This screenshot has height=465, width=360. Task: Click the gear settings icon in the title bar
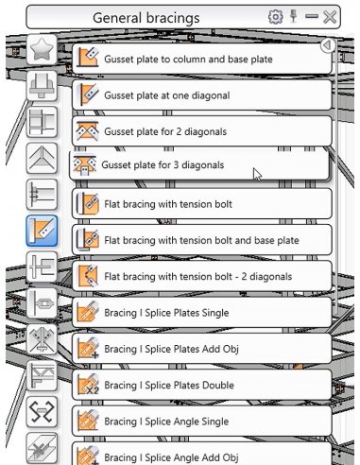coord(275,17)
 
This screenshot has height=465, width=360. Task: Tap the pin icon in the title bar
coord(294,16)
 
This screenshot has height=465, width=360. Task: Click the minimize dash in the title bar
coord(312,16)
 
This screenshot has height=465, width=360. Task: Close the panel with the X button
coord(330,17)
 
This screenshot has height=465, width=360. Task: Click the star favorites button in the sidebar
coord(42,50)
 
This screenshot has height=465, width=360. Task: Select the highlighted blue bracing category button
coord(42,231)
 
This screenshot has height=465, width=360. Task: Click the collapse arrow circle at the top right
coord(328,45)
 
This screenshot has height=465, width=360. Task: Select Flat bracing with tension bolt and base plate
coord(202,240)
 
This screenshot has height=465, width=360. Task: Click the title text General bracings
coord(146,18)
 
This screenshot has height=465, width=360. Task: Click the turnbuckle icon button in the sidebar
coord(42,303)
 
